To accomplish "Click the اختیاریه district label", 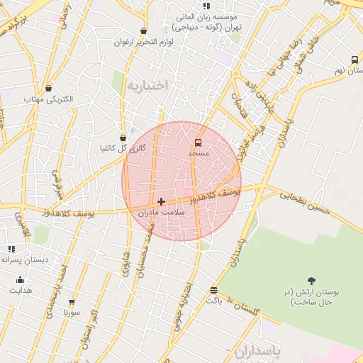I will click(x=148, y=85).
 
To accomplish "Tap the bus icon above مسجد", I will click(x=198, y=142).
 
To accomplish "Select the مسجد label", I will click(x=198, y=153).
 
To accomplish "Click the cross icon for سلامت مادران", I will click(x=161, y=201).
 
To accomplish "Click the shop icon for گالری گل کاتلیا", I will click(x=123, y=138).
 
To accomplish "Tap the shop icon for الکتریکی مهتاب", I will click(x=48, y=89).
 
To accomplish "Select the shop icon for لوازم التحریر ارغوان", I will click(x=144, y=31).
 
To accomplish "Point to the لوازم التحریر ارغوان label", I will click(x=144, y=42).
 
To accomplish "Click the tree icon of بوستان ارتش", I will click(x=311, y=281).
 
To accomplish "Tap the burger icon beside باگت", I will click(x=213, y=289).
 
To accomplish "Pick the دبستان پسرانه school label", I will click(x=24, y=259).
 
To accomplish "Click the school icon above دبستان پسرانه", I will click(x=11, y=249).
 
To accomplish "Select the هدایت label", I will click(x=20, y=291).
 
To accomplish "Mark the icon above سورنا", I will click(x=72, y=301).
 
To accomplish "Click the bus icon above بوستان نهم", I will click(x=354, y=60).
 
